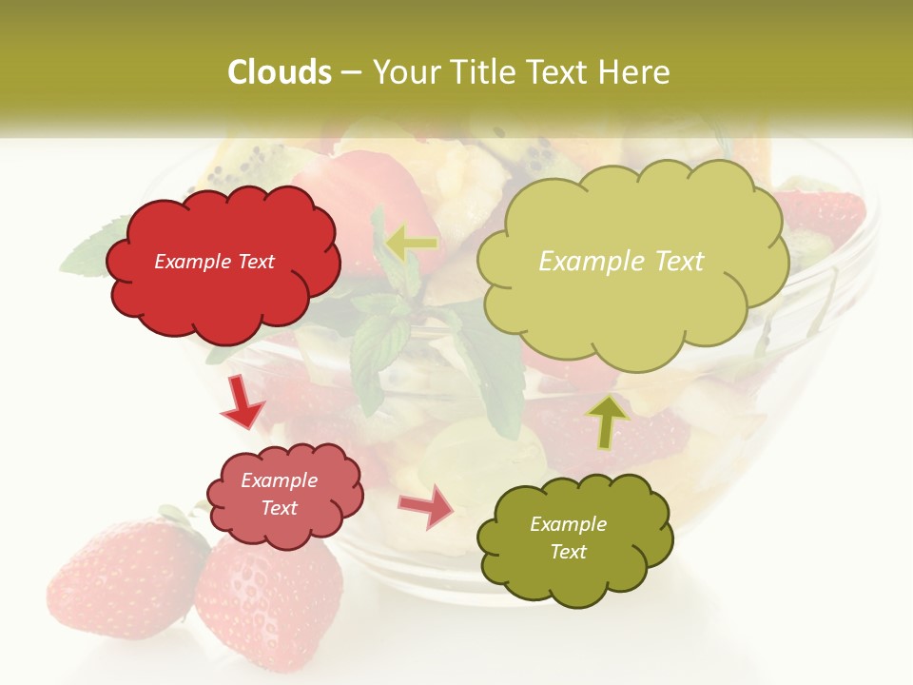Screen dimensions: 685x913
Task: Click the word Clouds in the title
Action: pos(280,72)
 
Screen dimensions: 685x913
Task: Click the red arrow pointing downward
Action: pos(243,402)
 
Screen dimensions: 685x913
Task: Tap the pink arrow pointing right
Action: pos(427,506)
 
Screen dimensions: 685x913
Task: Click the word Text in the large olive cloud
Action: pos(673,262)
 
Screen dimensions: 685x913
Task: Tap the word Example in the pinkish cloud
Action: pos(280,480)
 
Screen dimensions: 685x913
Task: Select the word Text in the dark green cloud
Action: pos(568,552)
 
